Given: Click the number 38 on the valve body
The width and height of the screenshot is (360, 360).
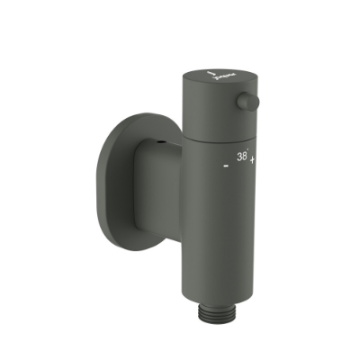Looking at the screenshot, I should [242, 156].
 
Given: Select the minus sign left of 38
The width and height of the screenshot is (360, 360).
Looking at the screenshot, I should [225, 166].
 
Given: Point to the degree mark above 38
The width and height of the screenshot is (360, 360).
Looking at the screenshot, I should [249, 149].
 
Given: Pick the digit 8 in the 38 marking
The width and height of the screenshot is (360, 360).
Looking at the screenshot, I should [245, 156].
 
